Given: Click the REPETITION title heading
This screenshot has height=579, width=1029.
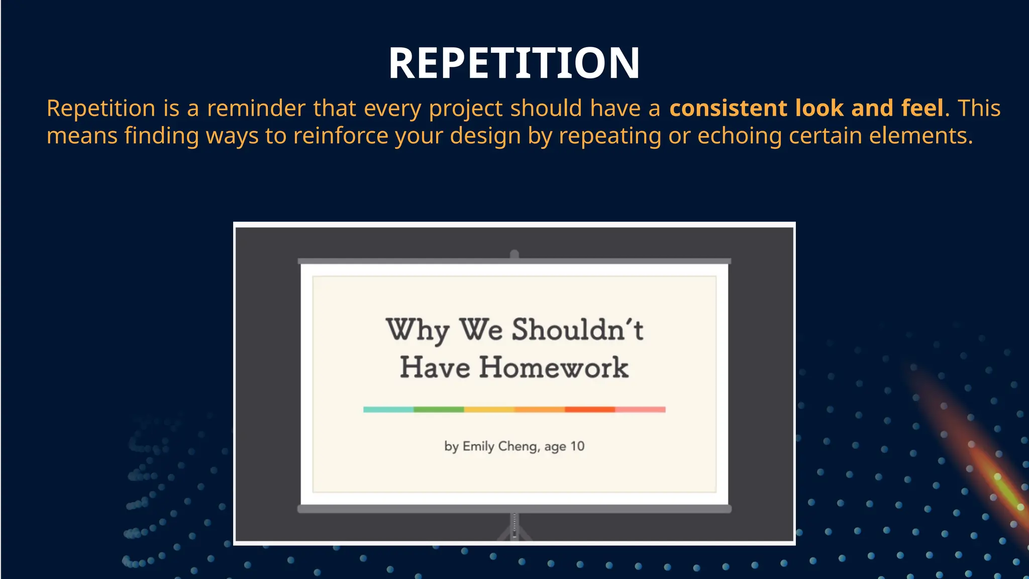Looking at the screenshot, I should (514, 63).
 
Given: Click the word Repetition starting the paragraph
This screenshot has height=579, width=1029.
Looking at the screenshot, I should (101, 109).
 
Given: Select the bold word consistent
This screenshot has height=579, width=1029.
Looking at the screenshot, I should (728, 109).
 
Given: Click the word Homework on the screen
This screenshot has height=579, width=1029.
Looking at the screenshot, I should (553, 367).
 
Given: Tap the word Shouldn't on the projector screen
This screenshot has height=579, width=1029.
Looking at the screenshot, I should (577, 330).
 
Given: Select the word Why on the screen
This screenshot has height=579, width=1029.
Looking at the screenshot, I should (417, 330).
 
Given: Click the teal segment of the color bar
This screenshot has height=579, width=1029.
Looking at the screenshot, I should (388, 410).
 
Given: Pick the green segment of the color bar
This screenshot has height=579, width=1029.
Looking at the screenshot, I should (439, 410).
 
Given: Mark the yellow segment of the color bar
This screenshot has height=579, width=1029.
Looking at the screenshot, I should (489, 410).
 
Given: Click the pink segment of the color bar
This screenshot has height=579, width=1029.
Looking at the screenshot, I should (640, 410).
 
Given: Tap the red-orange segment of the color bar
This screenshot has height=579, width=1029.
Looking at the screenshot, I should (590, 410).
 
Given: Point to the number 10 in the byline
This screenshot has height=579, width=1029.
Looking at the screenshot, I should (577, 446).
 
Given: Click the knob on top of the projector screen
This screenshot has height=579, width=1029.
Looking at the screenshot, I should (514, 254).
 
